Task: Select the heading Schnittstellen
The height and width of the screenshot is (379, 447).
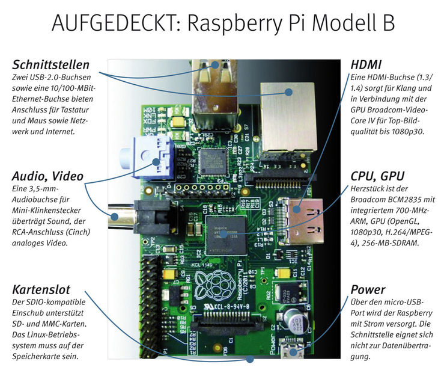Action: [x=50, y=64]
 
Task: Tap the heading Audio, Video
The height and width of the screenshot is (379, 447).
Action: [x=47, y=176]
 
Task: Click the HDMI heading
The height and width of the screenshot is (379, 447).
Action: [x=366, y=64]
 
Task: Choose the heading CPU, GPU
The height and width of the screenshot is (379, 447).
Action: [x=377, y=176]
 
